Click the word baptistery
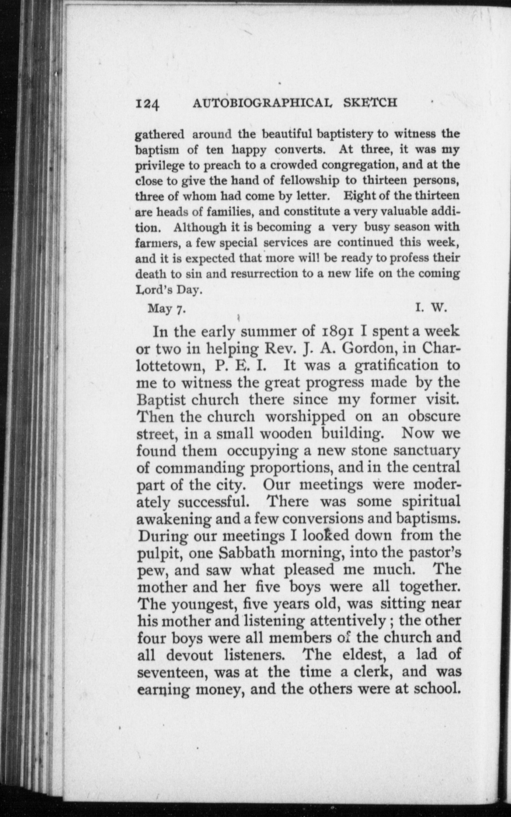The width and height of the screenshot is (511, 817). click(345, 135)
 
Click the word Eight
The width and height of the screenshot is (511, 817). click(354, 197)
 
